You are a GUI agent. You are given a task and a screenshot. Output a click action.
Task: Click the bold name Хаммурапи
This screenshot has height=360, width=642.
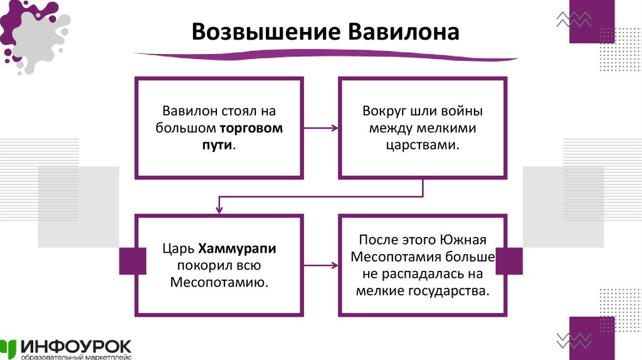tap(238, 249)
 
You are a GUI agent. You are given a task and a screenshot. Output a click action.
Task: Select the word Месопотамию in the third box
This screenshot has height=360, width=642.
tap(219, 282)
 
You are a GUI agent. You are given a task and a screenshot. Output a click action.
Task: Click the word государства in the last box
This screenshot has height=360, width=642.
tap(450, 291)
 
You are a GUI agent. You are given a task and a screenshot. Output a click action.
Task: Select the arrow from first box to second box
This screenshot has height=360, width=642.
tap(320, 129)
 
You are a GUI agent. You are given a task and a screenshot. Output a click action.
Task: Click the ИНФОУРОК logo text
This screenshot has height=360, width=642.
tap(76, 346)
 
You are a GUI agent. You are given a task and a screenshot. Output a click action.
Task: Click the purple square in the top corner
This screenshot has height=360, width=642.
tap(591, 21)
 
